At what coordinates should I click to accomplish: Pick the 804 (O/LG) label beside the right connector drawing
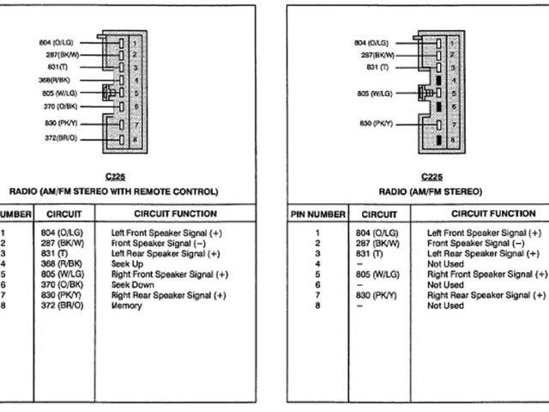[x=371, y=40]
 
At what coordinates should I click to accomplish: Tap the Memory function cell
[x=127, y=305]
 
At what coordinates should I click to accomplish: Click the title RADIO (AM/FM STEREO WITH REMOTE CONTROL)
[x=125, y=191]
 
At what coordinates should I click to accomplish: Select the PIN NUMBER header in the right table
[x=317, y=215]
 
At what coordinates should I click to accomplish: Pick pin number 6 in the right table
[x=317, y=284]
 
